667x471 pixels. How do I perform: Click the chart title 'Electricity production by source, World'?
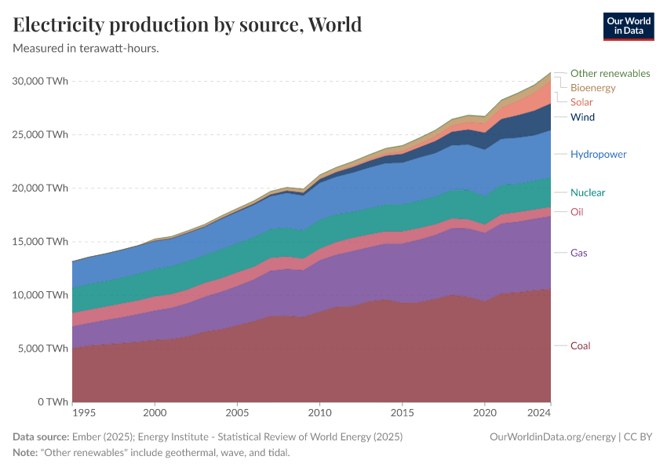click(188, 24)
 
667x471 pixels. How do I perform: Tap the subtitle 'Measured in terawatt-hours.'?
click(86, 49)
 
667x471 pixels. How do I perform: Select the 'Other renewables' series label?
click(610, 73)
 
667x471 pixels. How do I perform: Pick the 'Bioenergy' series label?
click(592, 88)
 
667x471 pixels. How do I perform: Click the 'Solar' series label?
click(581, 102)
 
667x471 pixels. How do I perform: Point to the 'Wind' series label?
click(582, 117)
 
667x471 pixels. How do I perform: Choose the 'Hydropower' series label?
click(598, 154)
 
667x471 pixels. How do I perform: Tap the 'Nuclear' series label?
click(587, 192)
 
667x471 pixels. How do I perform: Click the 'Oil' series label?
click(577, 211)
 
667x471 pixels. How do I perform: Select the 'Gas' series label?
click(579, 253)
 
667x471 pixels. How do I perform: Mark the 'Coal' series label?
click(580, 345)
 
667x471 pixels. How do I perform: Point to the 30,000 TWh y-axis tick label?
click(39, 81)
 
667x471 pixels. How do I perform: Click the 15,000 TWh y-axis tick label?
click(39, 241)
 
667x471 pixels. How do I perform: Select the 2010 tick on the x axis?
click(319, 412)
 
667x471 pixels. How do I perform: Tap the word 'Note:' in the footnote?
click(27, 453)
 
